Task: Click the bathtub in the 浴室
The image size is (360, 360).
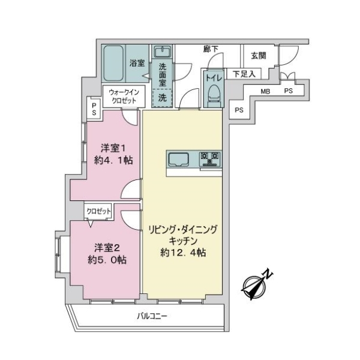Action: [x=114, y=63]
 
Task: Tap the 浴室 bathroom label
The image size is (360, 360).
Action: [x=137, y=62]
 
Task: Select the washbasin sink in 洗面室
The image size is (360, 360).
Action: [x=162, y=52]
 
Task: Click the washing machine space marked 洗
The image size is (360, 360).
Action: [x=162, y=97]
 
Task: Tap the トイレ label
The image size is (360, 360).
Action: [x=213, y=77]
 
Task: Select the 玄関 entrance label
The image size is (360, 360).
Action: [x=259, y=56]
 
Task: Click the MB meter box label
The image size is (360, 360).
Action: [x=265, y=91]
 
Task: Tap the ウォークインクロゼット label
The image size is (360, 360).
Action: [x=124, y=96]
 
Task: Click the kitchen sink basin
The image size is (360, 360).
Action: [x=179, y=159]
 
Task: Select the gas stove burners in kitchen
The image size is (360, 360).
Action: [x=210, y=159]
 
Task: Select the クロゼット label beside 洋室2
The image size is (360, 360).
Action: [x=99, y=211]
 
